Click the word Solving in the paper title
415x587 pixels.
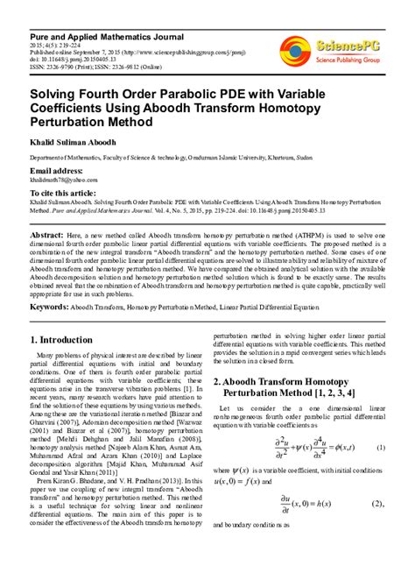pos(58,90)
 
